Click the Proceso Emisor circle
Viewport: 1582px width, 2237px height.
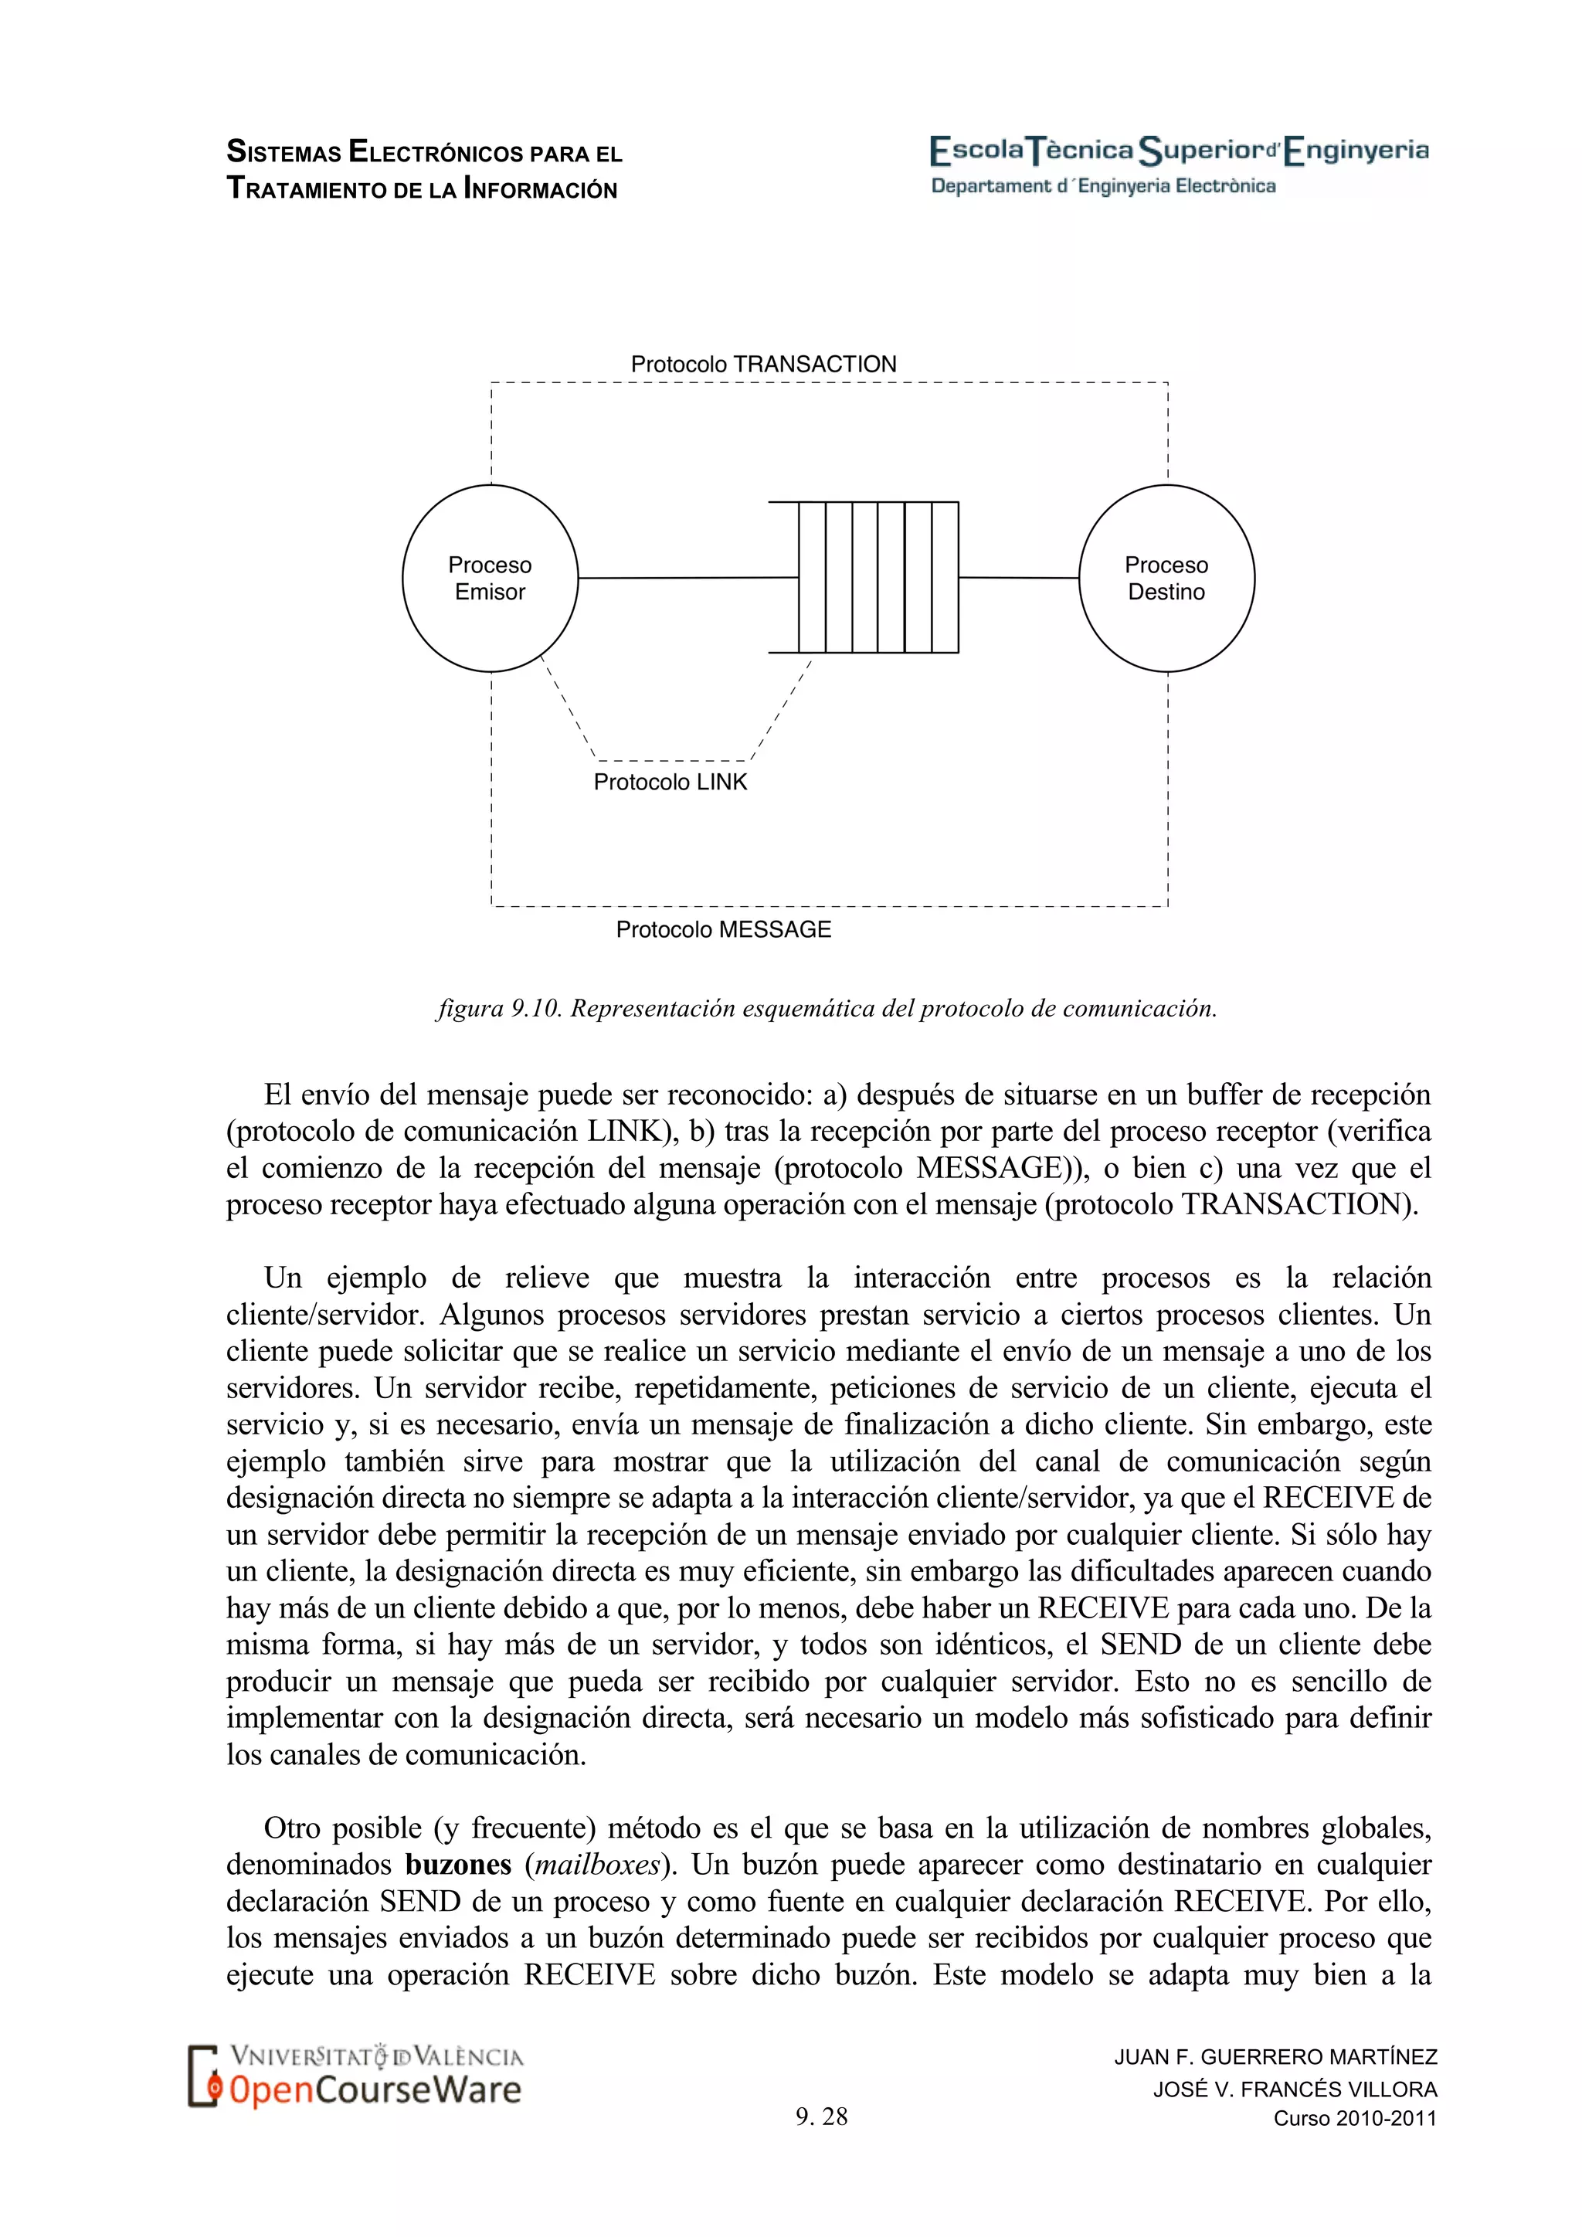point(489,578)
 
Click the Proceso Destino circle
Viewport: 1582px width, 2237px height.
point(1166,578)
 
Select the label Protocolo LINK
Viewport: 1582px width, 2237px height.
point(670,782)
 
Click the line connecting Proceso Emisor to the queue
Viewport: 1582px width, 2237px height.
point(687,578)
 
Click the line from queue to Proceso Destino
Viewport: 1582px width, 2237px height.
point(1018,578)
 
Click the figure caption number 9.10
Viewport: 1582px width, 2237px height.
point(537,1008)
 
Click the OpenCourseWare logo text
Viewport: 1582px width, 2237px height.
point(375,2090)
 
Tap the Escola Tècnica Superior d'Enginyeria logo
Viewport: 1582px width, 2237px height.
point(1179,151)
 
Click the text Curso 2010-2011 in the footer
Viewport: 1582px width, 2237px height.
point(1354,2118)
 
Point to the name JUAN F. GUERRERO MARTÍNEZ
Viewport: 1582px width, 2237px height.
point(1275,2057)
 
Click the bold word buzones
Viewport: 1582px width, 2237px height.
point(458,1865)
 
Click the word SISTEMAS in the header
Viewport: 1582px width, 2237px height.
point(283,153)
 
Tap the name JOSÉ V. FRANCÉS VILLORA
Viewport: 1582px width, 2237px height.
point(1295,2089)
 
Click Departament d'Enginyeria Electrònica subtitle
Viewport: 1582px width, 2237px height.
point(1103,186)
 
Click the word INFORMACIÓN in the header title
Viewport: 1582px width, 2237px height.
point(541,189)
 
